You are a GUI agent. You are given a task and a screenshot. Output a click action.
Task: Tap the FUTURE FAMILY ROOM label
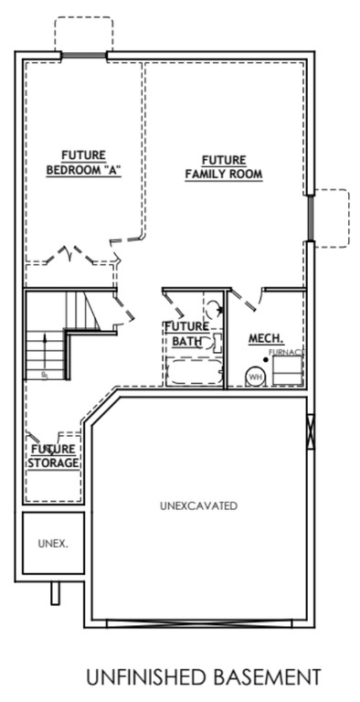[224, 165]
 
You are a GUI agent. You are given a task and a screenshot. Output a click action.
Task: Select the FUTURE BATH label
[186, 334]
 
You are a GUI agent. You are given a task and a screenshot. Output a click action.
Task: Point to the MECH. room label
[266, 338]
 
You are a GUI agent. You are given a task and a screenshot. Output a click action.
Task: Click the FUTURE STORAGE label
[54, 456]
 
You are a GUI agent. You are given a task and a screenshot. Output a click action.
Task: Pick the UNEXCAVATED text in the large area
[198, 505]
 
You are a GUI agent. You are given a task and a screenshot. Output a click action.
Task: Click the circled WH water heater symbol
[256, 376]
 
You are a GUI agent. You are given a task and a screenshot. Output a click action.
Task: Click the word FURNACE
[286, 352]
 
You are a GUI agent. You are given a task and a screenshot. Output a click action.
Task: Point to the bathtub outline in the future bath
[192, 374]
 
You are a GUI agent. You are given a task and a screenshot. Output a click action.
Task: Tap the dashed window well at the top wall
[84, 35]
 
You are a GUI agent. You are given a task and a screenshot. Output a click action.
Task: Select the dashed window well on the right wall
[332, 218]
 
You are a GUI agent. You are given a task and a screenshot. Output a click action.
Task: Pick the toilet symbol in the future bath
[211, 311]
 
